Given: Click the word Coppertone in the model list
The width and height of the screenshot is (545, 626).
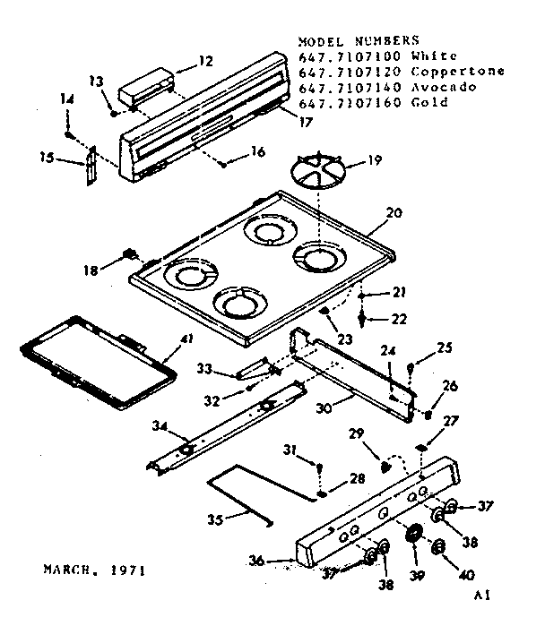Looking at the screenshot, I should click(457, 72).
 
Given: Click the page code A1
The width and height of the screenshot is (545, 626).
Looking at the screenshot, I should click(484, 595).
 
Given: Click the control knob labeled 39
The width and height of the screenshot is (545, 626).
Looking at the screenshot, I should click(413, 536).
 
